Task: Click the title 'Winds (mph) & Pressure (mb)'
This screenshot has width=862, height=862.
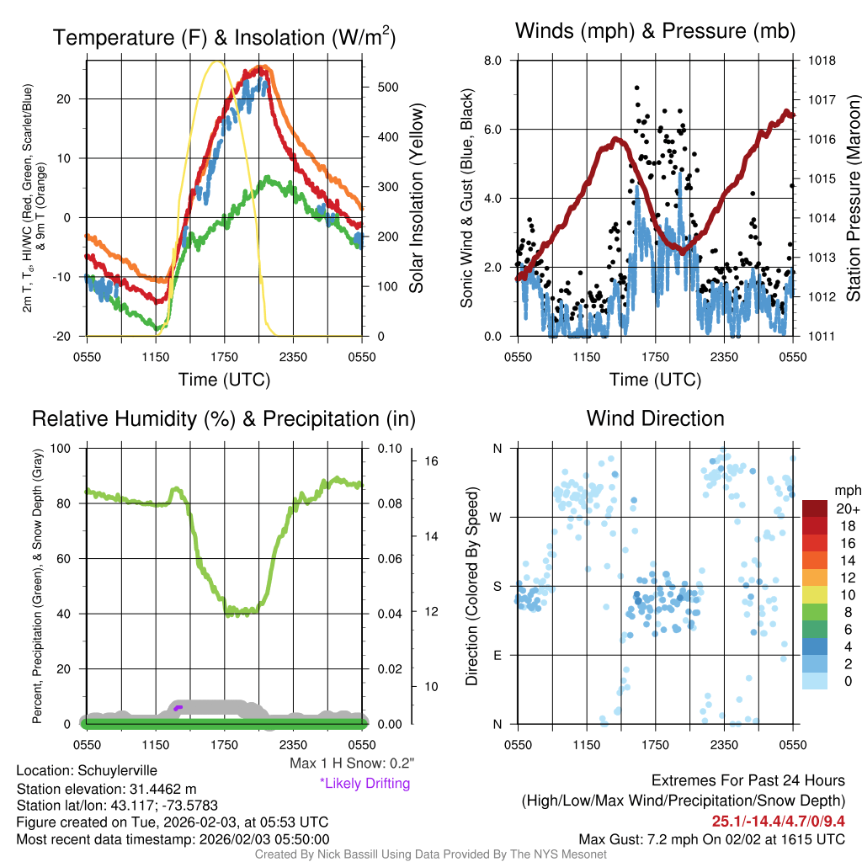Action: coord(655,32)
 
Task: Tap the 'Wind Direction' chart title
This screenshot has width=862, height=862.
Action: coord(655,418)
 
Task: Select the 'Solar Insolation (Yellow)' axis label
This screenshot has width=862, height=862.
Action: coord(417,198)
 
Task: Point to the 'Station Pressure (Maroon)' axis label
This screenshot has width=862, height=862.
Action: coord(852,198)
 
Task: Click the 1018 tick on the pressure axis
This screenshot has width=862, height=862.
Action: coord(820,61)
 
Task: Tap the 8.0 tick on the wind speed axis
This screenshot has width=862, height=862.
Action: coord(492,61)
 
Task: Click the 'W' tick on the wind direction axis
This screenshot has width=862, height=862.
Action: coord(497,517)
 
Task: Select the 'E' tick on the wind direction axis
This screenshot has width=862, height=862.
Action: coord(497,655)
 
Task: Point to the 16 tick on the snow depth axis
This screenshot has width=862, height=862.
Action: coord(433,461)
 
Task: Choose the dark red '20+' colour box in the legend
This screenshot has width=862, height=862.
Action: coord(816,508)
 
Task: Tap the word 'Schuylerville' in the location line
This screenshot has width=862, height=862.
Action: coord(117,770)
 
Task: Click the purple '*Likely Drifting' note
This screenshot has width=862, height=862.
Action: coord(364,783)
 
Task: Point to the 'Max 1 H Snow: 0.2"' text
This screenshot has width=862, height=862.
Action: coord(352,764)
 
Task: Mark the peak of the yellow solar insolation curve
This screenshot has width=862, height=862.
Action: coord(218,61)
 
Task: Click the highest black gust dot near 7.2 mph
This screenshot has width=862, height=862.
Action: coord(636,88)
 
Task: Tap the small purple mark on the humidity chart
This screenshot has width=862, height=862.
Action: coord(177,708)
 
